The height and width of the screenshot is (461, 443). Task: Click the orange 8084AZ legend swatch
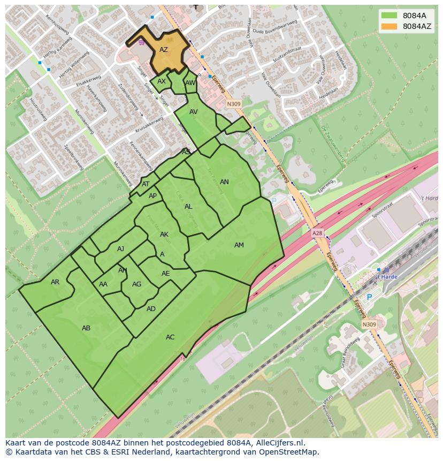390,26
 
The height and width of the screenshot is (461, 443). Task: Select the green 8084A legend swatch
390,16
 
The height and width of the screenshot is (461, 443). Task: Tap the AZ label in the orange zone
164,50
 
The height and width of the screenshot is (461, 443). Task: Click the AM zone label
239,245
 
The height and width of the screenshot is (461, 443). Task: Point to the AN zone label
224,182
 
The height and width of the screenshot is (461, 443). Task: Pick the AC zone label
170,337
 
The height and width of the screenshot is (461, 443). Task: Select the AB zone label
86,328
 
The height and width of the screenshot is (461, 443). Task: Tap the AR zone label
55,282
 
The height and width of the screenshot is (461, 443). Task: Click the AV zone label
194,112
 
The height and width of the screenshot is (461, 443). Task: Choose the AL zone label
188,207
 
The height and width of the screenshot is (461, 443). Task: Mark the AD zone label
151,309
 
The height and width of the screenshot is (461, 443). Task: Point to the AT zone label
146,184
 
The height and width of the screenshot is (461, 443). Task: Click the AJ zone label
120,249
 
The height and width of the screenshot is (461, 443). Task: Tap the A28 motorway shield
318,234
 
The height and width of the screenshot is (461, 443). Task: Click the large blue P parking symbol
369,297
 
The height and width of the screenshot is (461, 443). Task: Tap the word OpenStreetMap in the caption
289,452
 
